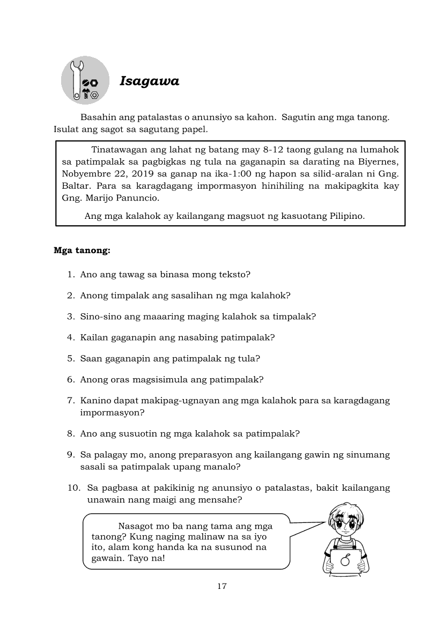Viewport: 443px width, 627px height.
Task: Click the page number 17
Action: [x=222, y=586]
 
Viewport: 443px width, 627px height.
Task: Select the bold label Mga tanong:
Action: [x=82, y=250]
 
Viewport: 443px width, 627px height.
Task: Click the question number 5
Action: [x=70, y=358]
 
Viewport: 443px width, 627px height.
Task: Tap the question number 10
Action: [x=72, y=488]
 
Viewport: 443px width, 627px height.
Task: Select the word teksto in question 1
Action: [x=234, y=275]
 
